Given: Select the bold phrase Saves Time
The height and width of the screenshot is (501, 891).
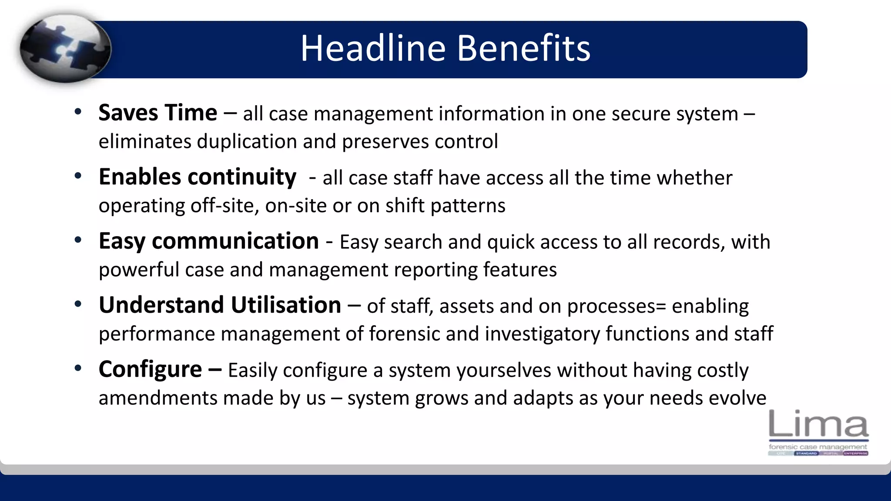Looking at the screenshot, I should point(157,113).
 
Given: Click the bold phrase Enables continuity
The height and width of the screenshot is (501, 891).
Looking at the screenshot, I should point(197,177).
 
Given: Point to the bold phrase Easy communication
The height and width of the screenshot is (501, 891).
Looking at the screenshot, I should point(208,241).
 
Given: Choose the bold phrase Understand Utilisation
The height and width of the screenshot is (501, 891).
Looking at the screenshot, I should point(220,305).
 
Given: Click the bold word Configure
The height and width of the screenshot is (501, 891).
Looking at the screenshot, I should point(150,370).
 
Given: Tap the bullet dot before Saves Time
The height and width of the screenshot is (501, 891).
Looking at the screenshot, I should point(78,112).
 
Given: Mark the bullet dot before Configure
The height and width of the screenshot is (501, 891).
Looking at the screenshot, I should point(78,368).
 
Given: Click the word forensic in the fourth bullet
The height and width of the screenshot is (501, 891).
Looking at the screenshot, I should point(404,334).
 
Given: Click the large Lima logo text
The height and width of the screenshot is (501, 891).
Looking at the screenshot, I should point(818,424).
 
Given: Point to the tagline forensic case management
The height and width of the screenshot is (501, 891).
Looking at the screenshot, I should point(817,447).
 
